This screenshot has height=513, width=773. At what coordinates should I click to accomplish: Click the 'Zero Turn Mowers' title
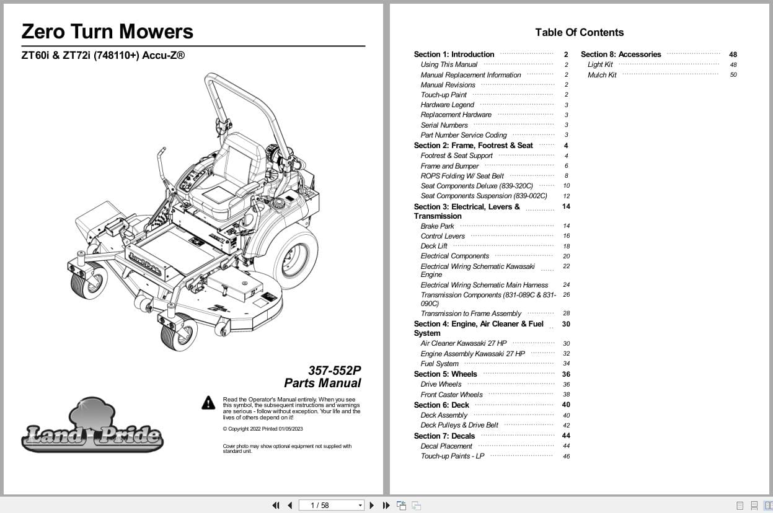pos(107,31)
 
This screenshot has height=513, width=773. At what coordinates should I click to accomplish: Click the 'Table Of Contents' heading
pos(579,32)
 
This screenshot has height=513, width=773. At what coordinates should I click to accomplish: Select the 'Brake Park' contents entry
pos(437,226)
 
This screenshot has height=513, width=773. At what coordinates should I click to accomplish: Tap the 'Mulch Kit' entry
pos(602,75)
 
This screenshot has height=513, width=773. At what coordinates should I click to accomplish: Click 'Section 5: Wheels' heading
pos(445,374)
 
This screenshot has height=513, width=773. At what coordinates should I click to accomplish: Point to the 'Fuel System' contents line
pos(440,364)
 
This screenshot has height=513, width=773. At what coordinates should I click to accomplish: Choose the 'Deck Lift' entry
pos(434,246)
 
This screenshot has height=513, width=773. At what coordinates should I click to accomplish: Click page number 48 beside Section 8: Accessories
pos(733,55)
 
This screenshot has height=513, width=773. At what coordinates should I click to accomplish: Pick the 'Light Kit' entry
pos(600,64)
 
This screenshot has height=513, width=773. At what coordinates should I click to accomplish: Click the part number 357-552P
pos(334,370)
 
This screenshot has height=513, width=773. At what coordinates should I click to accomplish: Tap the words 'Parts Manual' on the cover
pos(322,383)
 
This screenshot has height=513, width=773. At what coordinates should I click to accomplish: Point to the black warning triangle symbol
pos(208,403)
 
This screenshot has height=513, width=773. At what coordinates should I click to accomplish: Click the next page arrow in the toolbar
pos(372,505)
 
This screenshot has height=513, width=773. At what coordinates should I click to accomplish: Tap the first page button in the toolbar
pos(275,505)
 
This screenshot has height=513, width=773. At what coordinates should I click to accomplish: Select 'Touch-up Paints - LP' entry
pos(453,456)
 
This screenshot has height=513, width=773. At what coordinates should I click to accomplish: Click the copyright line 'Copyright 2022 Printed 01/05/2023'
pos(263,429)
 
